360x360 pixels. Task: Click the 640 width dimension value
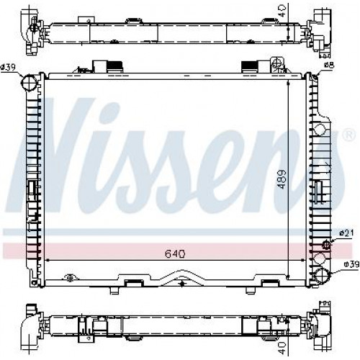[x=175, y=253]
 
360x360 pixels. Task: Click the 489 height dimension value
[x=282, y=179]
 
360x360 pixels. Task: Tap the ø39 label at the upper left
[x=8, y=68]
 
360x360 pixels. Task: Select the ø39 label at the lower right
[x=351, y=264]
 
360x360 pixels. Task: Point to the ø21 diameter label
[x=346, y=233]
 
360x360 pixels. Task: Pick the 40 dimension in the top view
[x=283, y=12]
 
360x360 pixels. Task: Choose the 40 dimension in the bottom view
[x=283, y=347]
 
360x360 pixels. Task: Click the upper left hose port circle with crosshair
[x=29, y=83]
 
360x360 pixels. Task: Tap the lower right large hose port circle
[x=323, y=276]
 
